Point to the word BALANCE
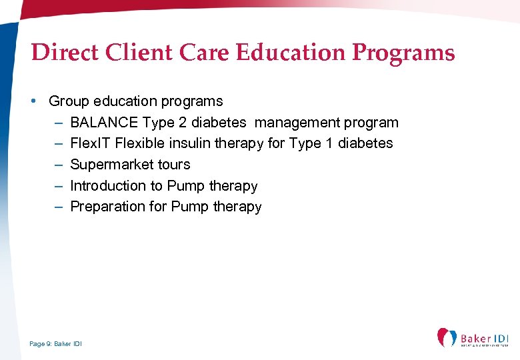point(103,123)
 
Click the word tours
point(174,165)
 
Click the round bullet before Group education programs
point(33,101)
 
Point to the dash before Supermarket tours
point(59,165)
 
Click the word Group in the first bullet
point(69,101)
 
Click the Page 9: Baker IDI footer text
point(56,344)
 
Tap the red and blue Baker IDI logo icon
point(446,338)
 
